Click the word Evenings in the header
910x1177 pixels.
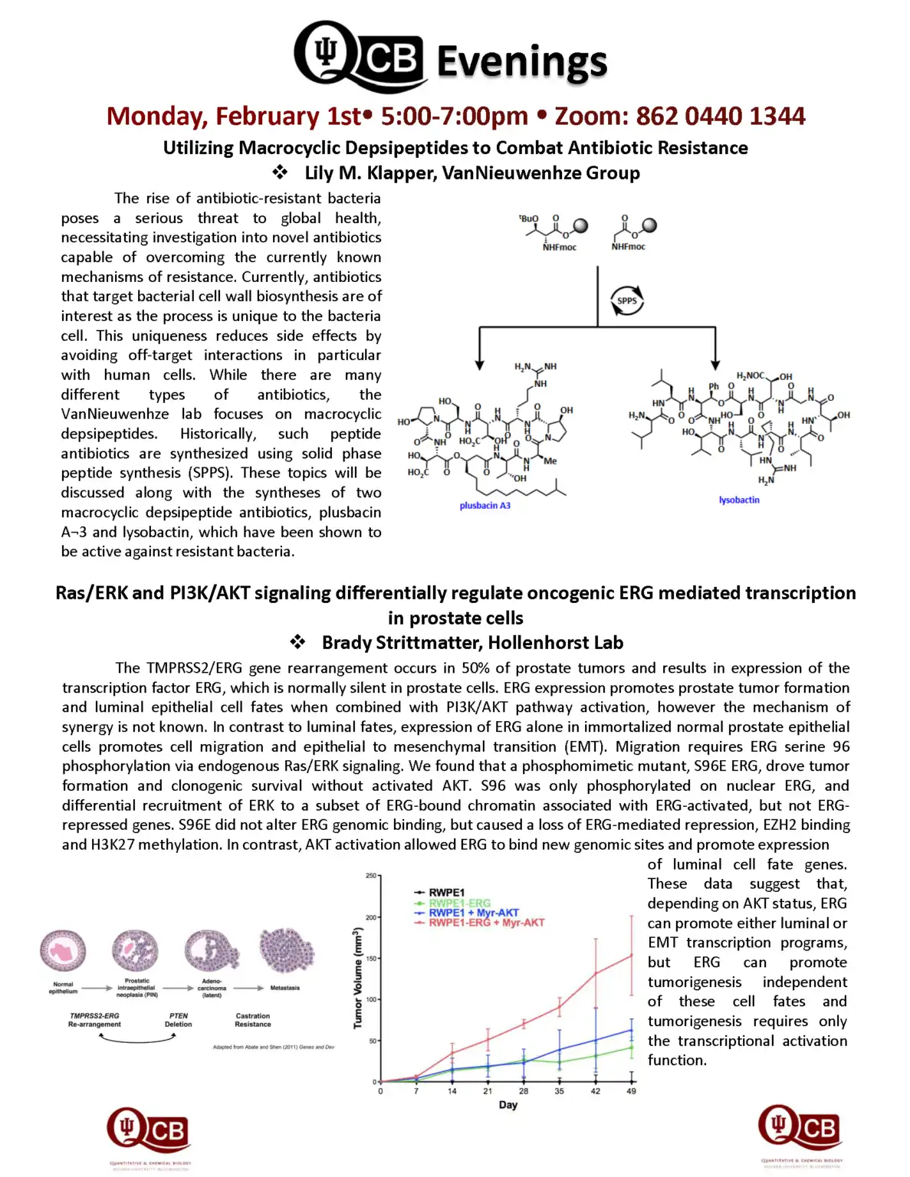tap(521, 61)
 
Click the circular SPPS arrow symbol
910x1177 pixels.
tap(626, 300)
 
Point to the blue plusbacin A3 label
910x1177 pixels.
tap(485, 506)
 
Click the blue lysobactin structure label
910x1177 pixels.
tap(739, 500)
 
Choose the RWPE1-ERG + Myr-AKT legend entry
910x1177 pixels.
tap(486, 923)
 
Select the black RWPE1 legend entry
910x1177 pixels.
tap(446, 893)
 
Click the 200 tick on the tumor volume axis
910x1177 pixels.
tap(371, 917)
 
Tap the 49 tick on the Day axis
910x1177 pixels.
tap(631, 1091)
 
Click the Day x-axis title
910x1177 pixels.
tap(508, 1105)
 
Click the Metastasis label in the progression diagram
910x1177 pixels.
tap(284, 988)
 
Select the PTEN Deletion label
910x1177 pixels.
tap(178, 1020)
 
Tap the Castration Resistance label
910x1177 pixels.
tap(252, 1020)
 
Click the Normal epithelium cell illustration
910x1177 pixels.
tap(63, 952)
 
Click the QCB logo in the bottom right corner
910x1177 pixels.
tap(800, 1128)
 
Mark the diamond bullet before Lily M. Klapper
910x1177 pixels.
tap(280, 172)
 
